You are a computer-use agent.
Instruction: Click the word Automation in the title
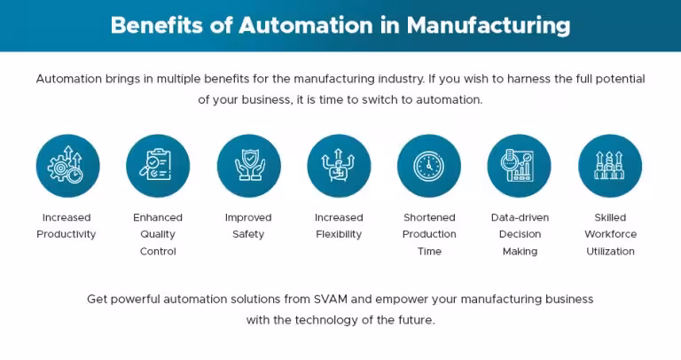[305, 25]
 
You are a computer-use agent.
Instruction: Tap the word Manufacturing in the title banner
[489, 26]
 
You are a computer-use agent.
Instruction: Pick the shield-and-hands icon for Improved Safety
[248, 166]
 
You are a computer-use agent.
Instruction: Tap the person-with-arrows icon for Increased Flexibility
[339, 166]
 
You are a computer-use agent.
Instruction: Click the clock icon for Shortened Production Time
[429, 166]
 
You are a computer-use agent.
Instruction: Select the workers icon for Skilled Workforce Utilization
[610, 166]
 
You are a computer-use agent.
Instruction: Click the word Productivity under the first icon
[66, 234]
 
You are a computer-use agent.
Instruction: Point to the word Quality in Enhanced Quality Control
[158, 234]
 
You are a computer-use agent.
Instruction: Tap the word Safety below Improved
[248, 234]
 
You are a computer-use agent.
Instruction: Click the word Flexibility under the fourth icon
[339, 234]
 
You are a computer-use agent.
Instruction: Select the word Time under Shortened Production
[429, 252]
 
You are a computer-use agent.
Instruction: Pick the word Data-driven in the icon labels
[520, 217]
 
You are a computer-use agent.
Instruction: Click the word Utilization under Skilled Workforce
[610, 252]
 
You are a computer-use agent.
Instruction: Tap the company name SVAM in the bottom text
[331, 299]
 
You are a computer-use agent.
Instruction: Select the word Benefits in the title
[157, 25]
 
